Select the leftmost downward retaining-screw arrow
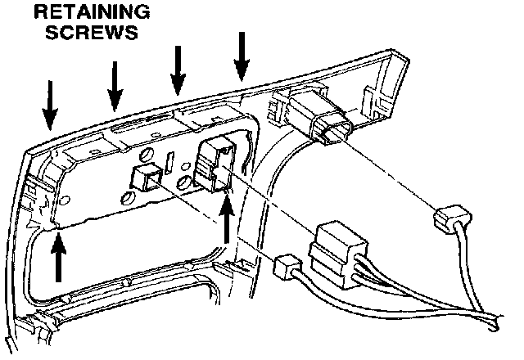[50, 105]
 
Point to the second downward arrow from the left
[115, 85]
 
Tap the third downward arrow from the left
[178, 70]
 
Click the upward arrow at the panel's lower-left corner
[58, 257]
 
